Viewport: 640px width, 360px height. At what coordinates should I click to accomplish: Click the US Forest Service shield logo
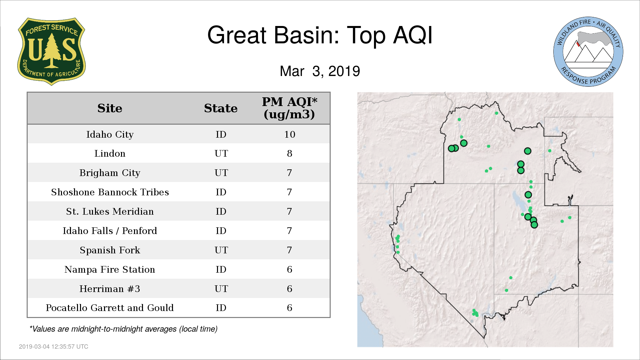[51, 52]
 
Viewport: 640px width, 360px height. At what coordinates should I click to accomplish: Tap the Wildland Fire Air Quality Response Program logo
[588, 52]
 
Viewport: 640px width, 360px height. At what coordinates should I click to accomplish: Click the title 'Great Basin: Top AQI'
[320, 35]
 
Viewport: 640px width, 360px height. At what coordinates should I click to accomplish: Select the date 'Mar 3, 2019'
[320, 71]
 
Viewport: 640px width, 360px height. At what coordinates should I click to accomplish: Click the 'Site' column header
[110, 108]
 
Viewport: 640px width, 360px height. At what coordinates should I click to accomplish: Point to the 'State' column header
[221, 108]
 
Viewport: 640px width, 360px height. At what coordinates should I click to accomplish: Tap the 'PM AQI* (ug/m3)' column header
[289, 108]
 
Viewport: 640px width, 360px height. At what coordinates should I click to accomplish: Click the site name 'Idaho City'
[110, 134]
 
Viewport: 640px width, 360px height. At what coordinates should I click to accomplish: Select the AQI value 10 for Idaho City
[289, 134]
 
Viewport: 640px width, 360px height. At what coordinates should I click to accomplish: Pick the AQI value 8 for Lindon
[289, 153]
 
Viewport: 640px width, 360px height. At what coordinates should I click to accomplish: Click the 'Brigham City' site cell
[110, 173]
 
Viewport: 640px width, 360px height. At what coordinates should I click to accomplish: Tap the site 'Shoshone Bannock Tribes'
[110, 192]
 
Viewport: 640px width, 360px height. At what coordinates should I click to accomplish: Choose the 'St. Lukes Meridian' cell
[110, 211]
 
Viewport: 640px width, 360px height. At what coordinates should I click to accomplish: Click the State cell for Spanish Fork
[221, 250]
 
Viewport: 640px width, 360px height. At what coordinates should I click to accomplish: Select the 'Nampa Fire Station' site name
[110, 269]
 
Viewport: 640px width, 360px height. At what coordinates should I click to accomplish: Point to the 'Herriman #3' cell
[110, 289]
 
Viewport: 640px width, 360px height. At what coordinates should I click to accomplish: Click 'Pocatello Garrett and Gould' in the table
[110, 308]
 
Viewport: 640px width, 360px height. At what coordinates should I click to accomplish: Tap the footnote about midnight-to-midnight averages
[123, 329]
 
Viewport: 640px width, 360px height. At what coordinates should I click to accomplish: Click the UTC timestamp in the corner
[53, 347]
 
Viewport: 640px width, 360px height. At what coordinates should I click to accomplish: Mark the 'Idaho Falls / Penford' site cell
[110, 231]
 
